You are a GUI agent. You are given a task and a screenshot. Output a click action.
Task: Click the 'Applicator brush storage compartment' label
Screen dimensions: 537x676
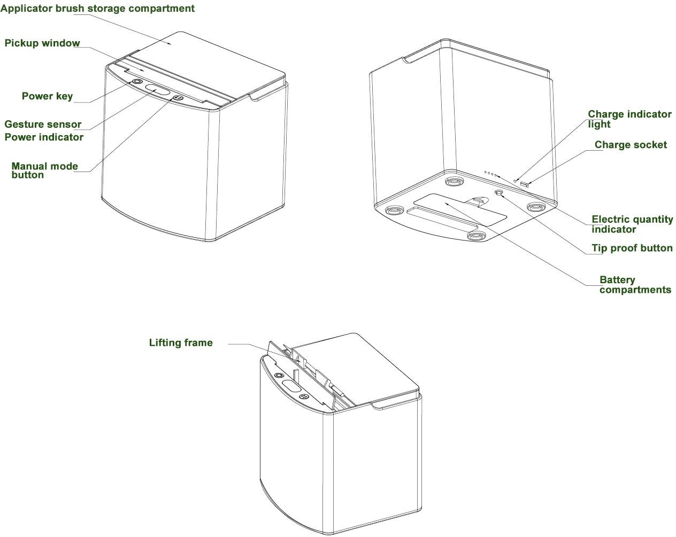tap(97, 9)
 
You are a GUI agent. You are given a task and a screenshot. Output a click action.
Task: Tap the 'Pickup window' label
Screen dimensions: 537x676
tap(42, 43)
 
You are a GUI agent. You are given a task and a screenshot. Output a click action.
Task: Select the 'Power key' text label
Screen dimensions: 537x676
tap(47, 96)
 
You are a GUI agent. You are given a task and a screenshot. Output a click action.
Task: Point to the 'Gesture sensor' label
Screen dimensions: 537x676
tap(43, 124)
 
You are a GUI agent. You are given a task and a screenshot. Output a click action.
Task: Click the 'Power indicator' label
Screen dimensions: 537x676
tap(44, 137)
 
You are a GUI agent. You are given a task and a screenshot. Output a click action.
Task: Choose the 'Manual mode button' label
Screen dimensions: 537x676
tap(44, 170)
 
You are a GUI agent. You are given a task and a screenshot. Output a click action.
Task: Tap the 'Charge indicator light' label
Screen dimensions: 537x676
tap(629, 119)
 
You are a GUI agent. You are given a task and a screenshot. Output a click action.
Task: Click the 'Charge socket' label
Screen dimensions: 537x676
tap(631, 145)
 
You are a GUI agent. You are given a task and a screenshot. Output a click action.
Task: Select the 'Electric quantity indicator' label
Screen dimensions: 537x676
tap(632, 224)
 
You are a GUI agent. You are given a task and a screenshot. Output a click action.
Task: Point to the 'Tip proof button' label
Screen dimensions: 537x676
tap(632, 248)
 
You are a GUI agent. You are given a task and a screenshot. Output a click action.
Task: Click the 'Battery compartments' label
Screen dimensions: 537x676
tap(635, 285)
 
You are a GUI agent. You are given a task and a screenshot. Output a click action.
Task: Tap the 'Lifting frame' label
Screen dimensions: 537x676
tap(181, 343)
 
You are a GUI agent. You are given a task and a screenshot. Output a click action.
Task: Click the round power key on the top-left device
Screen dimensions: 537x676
tap(137, 82)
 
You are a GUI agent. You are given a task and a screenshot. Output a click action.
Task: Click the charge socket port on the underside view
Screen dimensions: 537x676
tap(524, 184)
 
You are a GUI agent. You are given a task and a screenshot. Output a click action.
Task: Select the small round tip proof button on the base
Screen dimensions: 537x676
tap(500, 193)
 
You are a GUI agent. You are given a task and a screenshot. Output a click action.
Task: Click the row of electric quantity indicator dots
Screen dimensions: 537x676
tap(490, 174)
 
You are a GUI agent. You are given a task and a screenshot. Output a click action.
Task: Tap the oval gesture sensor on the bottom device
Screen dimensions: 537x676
tap(290, 386)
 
